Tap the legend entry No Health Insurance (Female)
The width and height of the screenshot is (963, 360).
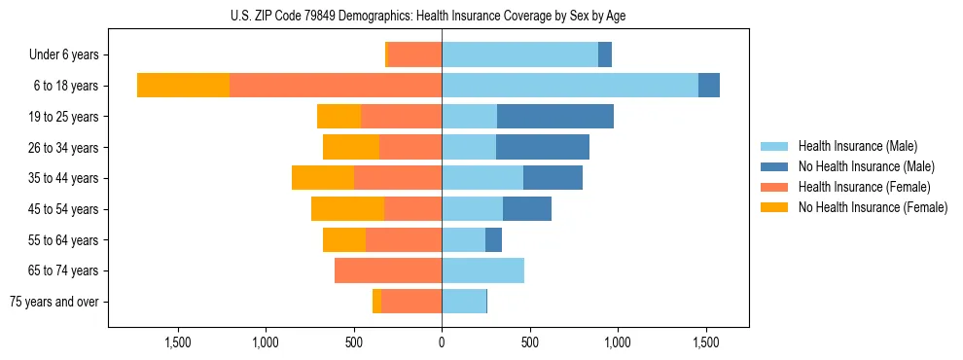point(873,207)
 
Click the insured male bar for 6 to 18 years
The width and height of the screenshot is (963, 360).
point(569,86)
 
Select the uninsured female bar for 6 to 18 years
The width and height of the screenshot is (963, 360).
point(183,86)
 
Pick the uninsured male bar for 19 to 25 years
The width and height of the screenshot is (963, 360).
point(554,117)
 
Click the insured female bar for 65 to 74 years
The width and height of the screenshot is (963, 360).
point(388,270)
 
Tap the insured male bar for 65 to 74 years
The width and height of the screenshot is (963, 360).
point(482,270)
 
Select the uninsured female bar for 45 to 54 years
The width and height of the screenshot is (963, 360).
point(347,209)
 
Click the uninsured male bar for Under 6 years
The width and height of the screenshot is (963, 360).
point(604,55)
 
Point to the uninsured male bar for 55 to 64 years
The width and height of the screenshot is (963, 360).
point(493,240)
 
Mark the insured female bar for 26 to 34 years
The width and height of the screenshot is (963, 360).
point(410,148)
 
